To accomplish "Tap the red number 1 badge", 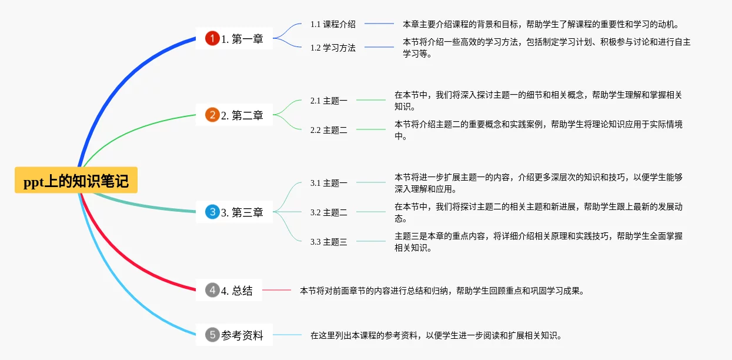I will pos(212,39).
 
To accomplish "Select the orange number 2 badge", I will pos(212,115).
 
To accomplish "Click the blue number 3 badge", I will pos(212,212).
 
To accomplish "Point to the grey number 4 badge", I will pos(212,290).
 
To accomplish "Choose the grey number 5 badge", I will pos(212,335).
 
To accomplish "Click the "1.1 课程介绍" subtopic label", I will pos(333,24).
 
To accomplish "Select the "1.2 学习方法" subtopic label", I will pos(333,48).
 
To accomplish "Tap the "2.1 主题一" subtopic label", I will pos(329,101).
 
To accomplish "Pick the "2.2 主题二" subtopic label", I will pos(329,130).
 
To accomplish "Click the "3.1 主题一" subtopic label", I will pos(329,183).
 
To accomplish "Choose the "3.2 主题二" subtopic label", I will pos(329,212).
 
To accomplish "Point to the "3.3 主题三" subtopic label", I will pos(329,242).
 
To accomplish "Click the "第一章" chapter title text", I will pos(248,39).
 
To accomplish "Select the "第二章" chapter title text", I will pos(248,116).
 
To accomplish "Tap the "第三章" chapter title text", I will pos(248,213).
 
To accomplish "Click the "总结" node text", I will pos(242,291).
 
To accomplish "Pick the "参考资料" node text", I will pos(242,336).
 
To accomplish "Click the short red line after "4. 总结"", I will pos(276,290).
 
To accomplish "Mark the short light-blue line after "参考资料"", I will pos(287,335).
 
